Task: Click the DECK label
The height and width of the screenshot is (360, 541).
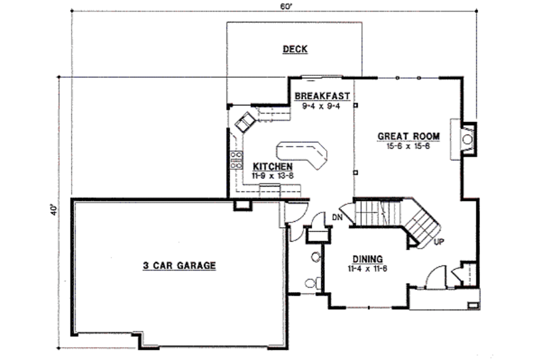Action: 295,50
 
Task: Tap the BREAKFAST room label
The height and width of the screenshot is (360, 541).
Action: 322,96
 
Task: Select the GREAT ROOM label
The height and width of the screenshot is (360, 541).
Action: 408,136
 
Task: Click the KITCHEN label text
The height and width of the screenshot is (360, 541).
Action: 273,167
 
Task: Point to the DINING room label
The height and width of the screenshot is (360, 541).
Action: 368,259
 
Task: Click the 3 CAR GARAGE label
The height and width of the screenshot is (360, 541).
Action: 179,265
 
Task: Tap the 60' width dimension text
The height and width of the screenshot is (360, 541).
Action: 286,6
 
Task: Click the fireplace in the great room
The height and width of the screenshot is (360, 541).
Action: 467,140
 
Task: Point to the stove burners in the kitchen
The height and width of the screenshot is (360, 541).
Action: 236,160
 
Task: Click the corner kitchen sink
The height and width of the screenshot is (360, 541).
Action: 245,122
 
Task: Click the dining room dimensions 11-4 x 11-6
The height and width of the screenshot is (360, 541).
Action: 368,268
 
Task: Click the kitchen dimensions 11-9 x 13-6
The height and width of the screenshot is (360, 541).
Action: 273,175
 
